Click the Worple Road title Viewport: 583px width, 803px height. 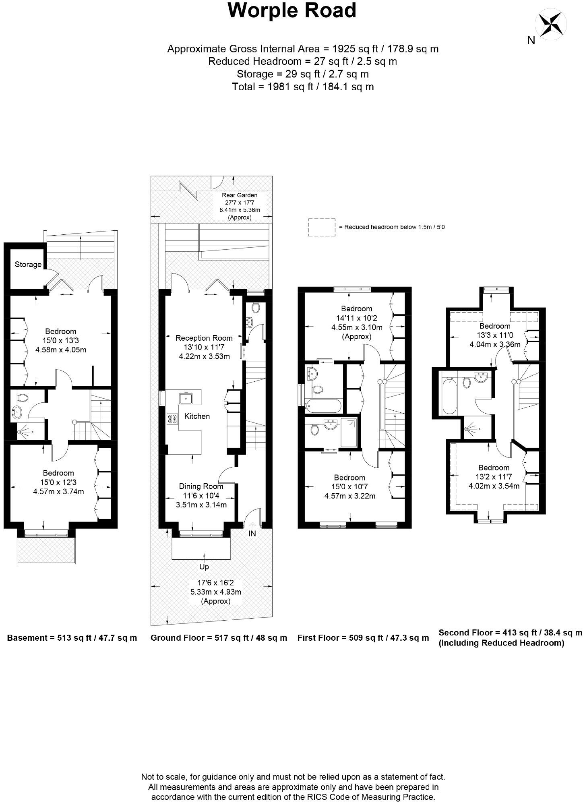tap(292, 11)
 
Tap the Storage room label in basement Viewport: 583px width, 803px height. tap(28, 265)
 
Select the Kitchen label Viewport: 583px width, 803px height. tap(197, 416)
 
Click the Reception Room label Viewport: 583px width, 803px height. tap(204, 338)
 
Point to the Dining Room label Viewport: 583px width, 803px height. tap(201, 486)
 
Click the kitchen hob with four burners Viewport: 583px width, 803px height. tap(172, 419)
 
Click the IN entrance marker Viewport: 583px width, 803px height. tap(252, 534)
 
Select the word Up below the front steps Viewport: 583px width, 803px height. tap(204, 567)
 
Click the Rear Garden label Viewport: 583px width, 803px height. tap(240, 195)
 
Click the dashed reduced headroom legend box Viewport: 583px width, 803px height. tap(322, 227)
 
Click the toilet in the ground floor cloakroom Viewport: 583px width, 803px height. tap(255, 308)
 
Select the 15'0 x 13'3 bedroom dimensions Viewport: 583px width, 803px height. tap(60, 341)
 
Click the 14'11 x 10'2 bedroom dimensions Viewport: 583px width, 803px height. tap(356, 318)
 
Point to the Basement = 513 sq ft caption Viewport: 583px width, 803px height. tap(72, 638)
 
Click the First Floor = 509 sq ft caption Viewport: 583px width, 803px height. tap(363, 638)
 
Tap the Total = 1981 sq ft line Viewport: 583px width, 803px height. tap(303, 87)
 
